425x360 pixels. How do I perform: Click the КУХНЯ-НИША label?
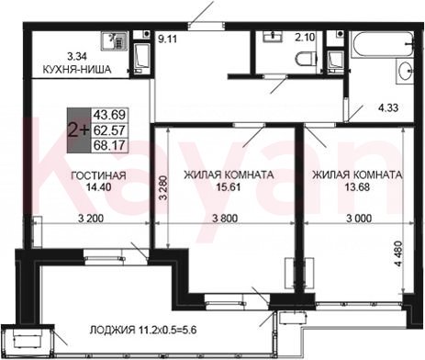pos(76,70)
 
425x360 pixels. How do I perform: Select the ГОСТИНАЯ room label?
pos(98,175)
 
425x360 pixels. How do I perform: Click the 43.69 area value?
pos(109,115)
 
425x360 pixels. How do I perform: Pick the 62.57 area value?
pos(109,130)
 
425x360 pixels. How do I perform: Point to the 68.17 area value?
pos(109,145)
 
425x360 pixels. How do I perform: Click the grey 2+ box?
pos(79,130)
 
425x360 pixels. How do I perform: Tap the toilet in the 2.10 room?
pos(307,59)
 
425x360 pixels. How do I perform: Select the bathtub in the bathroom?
pos(382,43)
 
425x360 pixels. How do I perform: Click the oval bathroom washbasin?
pos(405,71)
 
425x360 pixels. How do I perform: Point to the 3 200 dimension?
pos(91,219)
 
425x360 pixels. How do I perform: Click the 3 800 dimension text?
pos(225,219)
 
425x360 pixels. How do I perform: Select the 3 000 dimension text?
pos(359,219)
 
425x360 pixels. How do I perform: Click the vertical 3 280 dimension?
pos(164,187)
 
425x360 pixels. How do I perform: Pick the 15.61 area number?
pos(229,186)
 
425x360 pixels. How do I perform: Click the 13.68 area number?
pos(357,186)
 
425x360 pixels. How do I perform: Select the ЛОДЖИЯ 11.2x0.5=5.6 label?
pos(143,331)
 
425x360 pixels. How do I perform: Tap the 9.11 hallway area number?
pos(167,39)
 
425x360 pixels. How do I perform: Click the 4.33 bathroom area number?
pos(388,107)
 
